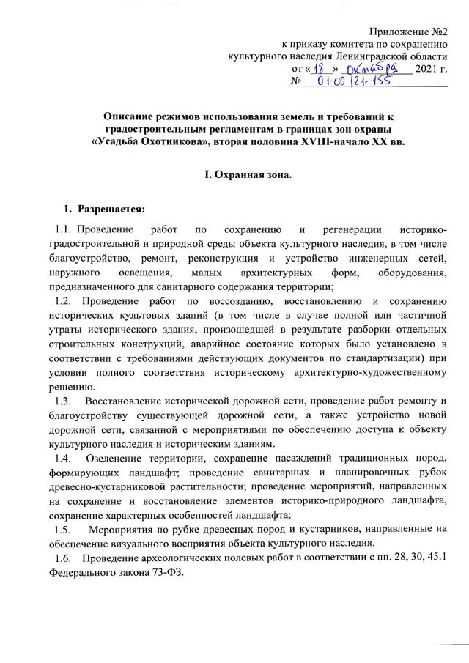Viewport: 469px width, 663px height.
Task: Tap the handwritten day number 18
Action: point(319,67)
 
